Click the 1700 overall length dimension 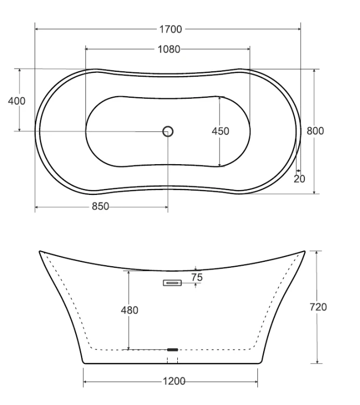(170, 29)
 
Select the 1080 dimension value (169, 49)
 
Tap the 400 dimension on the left (17, 101)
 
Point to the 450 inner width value (221, 131)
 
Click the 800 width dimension (315, 131)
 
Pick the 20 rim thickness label (299, 179)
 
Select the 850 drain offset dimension (101, 206)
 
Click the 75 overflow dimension (197, 278)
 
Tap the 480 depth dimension (130, 310)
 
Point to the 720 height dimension (318, 307)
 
